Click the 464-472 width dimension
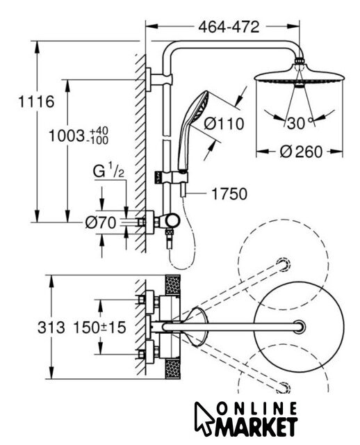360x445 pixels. tap(229, 27)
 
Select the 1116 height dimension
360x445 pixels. tap(36, 102)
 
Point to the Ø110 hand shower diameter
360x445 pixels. tap(224, 124)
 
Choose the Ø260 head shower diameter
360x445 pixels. tap(301, 152)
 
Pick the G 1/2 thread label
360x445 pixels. tap(108, 172)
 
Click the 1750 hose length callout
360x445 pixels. tap(229, 194)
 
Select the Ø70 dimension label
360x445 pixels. tap(101, 222)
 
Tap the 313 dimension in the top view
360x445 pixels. tap(51, 327)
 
